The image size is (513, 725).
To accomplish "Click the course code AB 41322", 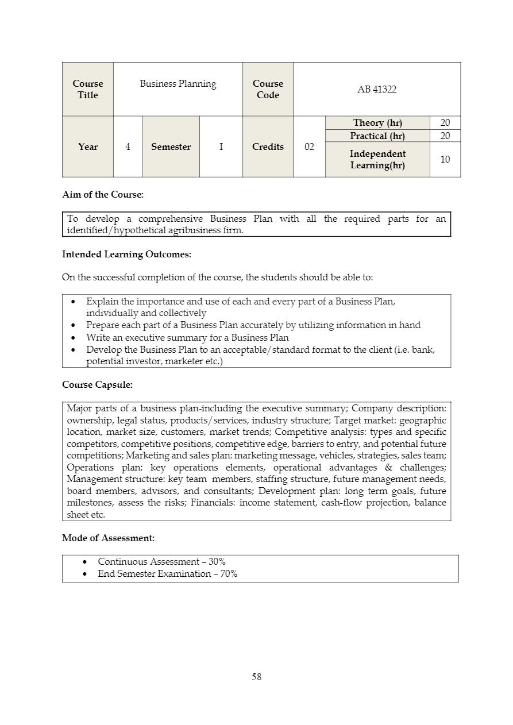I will [377, 90].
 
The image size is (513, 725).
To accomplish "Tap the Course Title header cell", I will [88, 90].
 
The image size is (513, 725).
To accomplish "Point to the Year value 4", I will [128, 147].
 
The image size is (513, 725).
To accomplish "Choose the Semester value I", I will [221, 147].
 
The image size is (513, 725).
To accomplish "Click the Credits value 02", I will [309, 147].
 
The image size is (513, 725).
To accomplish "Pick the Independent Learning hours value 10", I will [445, 159].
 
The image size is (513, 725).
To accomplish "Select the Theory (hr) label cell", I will [377, 123].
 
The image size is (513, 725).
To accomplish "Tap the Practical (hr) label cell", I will [377, 136].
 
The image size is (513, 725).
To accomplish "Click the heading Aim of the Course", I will [103, 195].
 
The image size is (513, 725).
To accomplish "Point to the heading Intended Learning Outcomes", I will [126, 254].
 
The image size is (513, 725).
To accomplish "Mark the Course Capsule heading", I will [97, 384].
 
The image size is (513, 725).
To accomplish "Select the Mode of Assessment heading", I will [108, 538].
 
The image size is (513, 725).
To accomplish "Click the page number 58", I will [256, 677].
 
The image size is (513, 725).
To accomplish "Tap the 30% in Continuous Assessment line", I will [217, 562].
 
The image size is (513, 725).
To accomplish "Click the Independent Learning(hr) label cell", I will [377, 160].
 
